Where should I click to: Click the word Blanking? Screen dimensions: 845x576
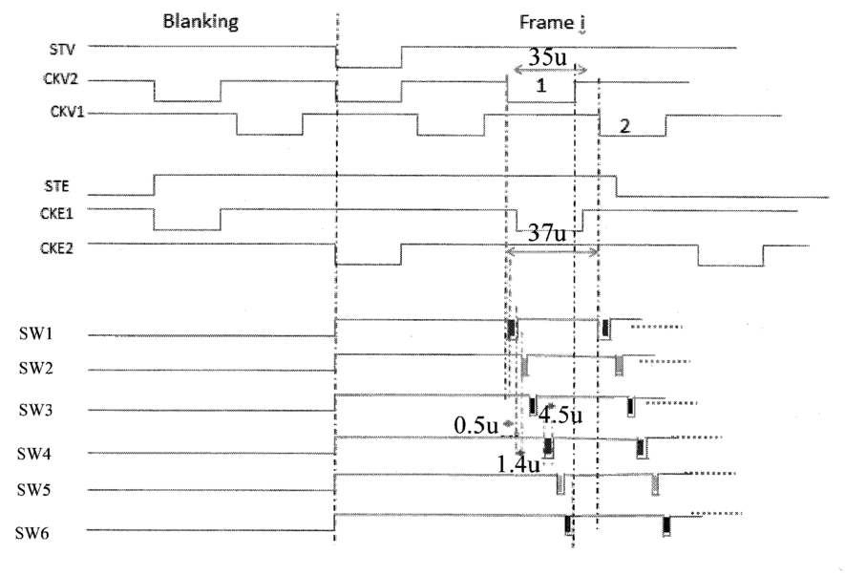tap(201, 22)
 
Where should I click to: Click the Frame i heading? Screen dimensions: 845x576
tap(553, 23)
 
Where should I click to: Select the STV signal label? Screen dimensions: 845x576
tap(62, 50)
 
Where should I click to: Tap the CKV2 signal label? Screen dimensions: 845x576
tap(60, 79)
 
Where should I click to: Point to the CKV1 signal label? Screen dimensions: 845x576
tap(68, 112)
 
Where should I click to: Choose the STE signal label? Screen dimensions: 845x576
tap(56, 186)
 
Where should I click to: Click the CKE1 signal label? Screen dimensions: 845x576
tap(56, 214)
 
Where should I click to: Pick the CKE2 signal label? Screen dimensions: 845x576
tap(56, 248)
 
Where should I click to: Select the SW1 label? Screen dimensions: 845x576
tap(35, 333)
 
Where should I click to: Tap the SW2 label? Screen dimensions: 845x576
tap(35, 369)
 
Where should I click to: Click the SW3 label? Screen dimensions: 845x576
tap(35, 411)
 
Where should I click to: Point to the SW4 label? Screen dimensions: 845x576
tap(33, 454)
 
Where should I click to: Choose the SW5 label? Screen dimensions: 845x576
tap(33, 490)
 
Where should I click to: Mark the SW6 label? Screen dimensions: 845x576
tap(32, 533)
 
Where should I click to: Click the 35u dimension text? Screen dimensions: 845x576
tap(547, 56)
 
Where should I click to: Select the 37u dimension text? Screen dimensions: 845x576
tap(547, 233)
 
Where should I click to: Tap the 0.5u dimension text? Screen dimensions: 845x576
tap(475, 425)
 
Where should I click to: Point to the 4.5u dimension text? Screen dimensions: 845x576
tap(560, 416)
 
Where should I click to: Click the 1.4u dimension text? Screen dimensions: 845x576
tap(518, 464)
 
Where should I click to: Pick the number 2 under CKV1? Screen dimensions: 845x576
tap(624, 126)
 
